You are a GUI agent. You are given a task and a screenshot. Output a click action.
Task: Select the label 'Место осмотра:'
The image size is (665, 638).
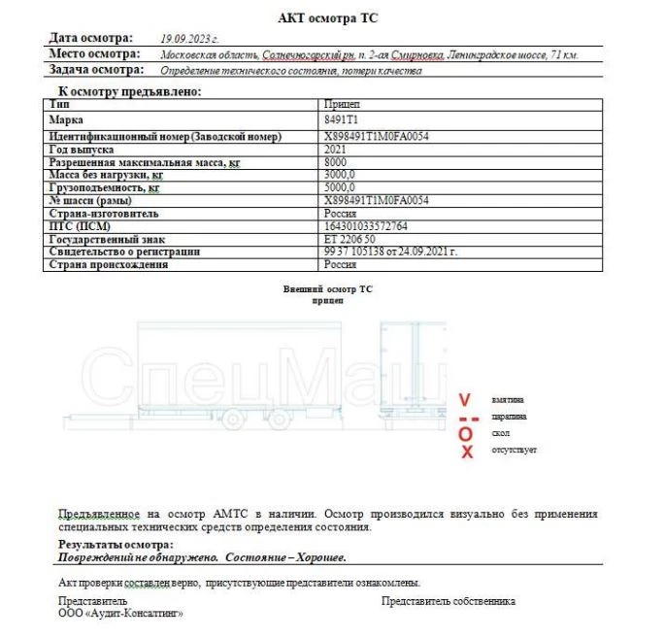click(94, 54)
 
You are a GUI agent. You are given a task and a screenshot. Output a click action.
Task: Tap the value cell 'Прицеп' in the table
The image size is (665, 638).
click(341, 103)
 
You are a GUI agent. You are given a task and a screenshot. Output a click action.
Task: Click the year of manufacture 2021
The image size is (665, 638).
click(336, 150)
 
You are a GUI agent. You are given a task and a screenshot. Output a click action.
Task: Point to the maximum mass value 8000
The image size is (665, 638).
click(336, 162)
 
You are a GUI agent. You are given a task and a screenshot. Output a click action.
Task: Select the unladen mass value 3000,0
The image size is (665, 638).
click(342, 175)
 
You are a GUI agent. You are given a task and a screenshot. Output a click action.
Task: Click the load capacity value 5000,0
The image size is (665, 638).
click(342, 187)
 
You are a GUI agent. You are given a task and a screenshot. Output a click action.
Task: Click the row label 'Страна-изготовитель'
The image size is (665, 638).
click(103, 213)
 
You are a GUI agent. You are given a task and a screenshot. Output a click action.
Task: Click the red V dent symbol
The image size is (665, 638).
click(465, 399)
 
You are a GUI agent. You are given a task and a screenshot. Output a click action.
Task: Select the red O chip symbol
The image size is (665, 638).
click(466, 434)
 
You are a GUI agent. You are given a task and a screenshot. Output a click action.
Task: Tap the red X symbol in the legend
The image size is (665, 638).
click(466, 452)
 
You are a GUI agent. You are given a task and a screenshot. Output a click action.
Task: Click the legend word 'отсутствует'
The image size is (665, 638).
click(514, 450)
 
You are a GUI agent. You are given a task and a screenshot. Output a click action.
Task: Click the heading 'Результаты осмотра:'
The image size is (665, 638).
click(116, 545)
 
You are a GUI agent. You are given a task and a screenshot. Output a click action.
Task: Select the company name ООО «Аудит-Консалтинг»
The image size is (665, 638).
click(120, 614)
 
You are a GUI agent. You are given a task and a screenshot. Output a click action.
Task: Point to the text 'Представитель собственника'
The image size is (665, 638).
click(448, 601)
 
